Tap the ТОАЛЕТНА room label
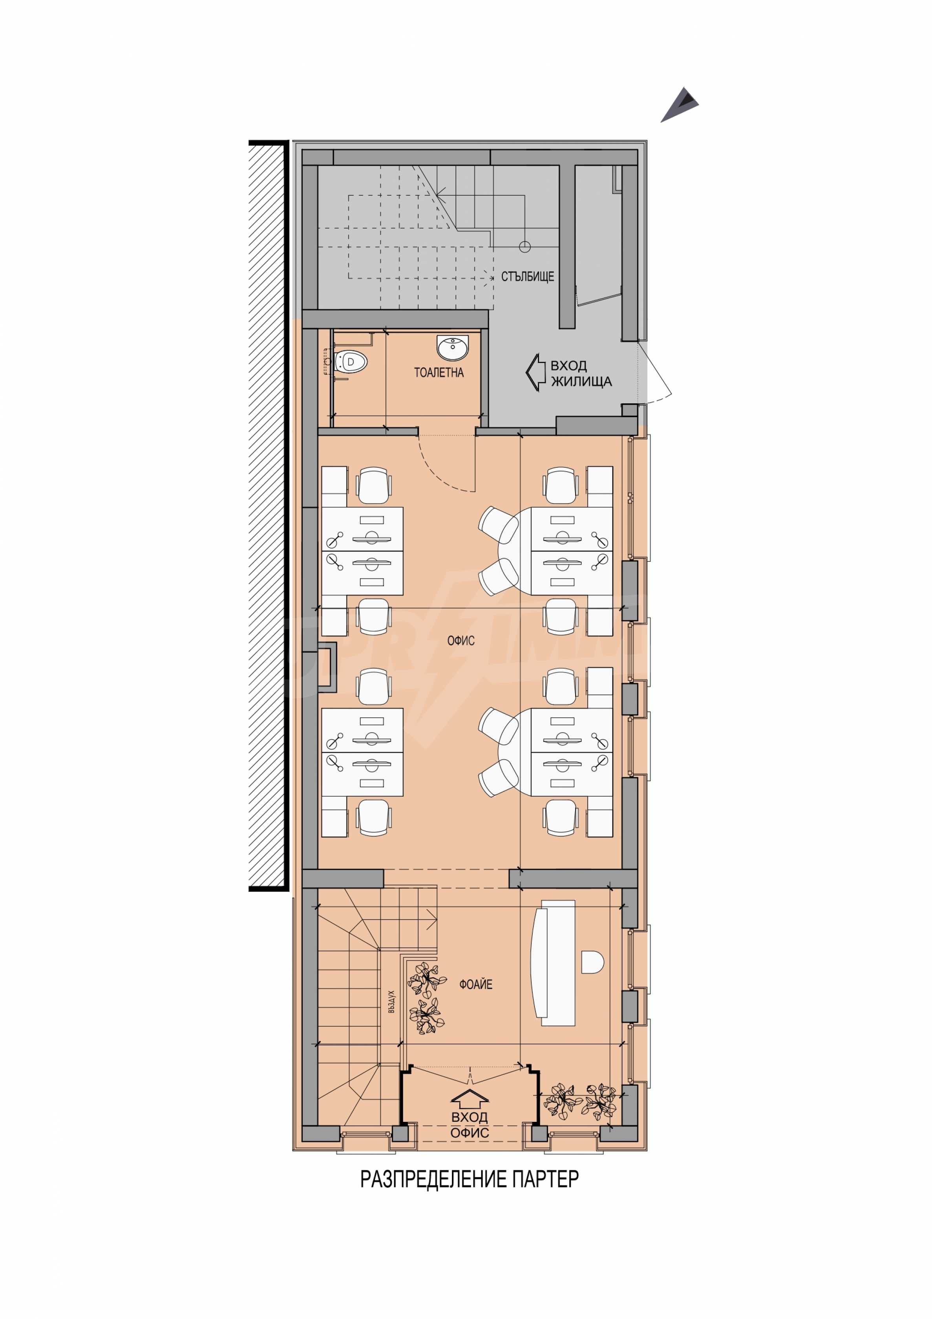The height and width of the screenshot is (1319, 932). (439, 372)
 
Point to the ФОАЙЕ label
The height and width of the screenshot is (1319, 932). (475, 984)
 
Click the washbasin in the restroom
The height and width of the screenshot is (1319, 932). (453, 348)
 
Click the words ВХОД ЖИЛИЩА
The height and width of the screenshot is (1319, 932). (581, 374)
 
